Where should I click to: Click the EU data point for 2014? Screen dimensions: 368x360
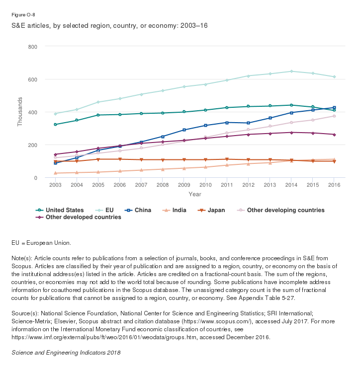[x=305, y=72]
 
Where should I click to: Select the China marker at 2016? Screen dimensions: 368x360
[x=334, y=108]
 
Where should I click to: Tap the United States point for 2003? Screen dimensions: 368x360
[x=55, y=124]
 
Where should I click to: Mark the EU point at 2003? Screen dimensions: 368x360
[x=55, y=114]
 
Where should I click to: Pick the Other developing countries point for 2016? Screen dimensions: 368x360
[x=334, y=116]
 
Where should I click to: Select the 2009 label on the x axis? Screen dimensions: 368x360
[x=184, y=185]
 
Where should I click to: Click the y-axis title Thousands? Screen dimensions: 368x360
[x=20, y=112]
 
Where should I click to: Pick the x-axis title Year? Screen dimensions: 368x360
[x=195, y=194]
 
